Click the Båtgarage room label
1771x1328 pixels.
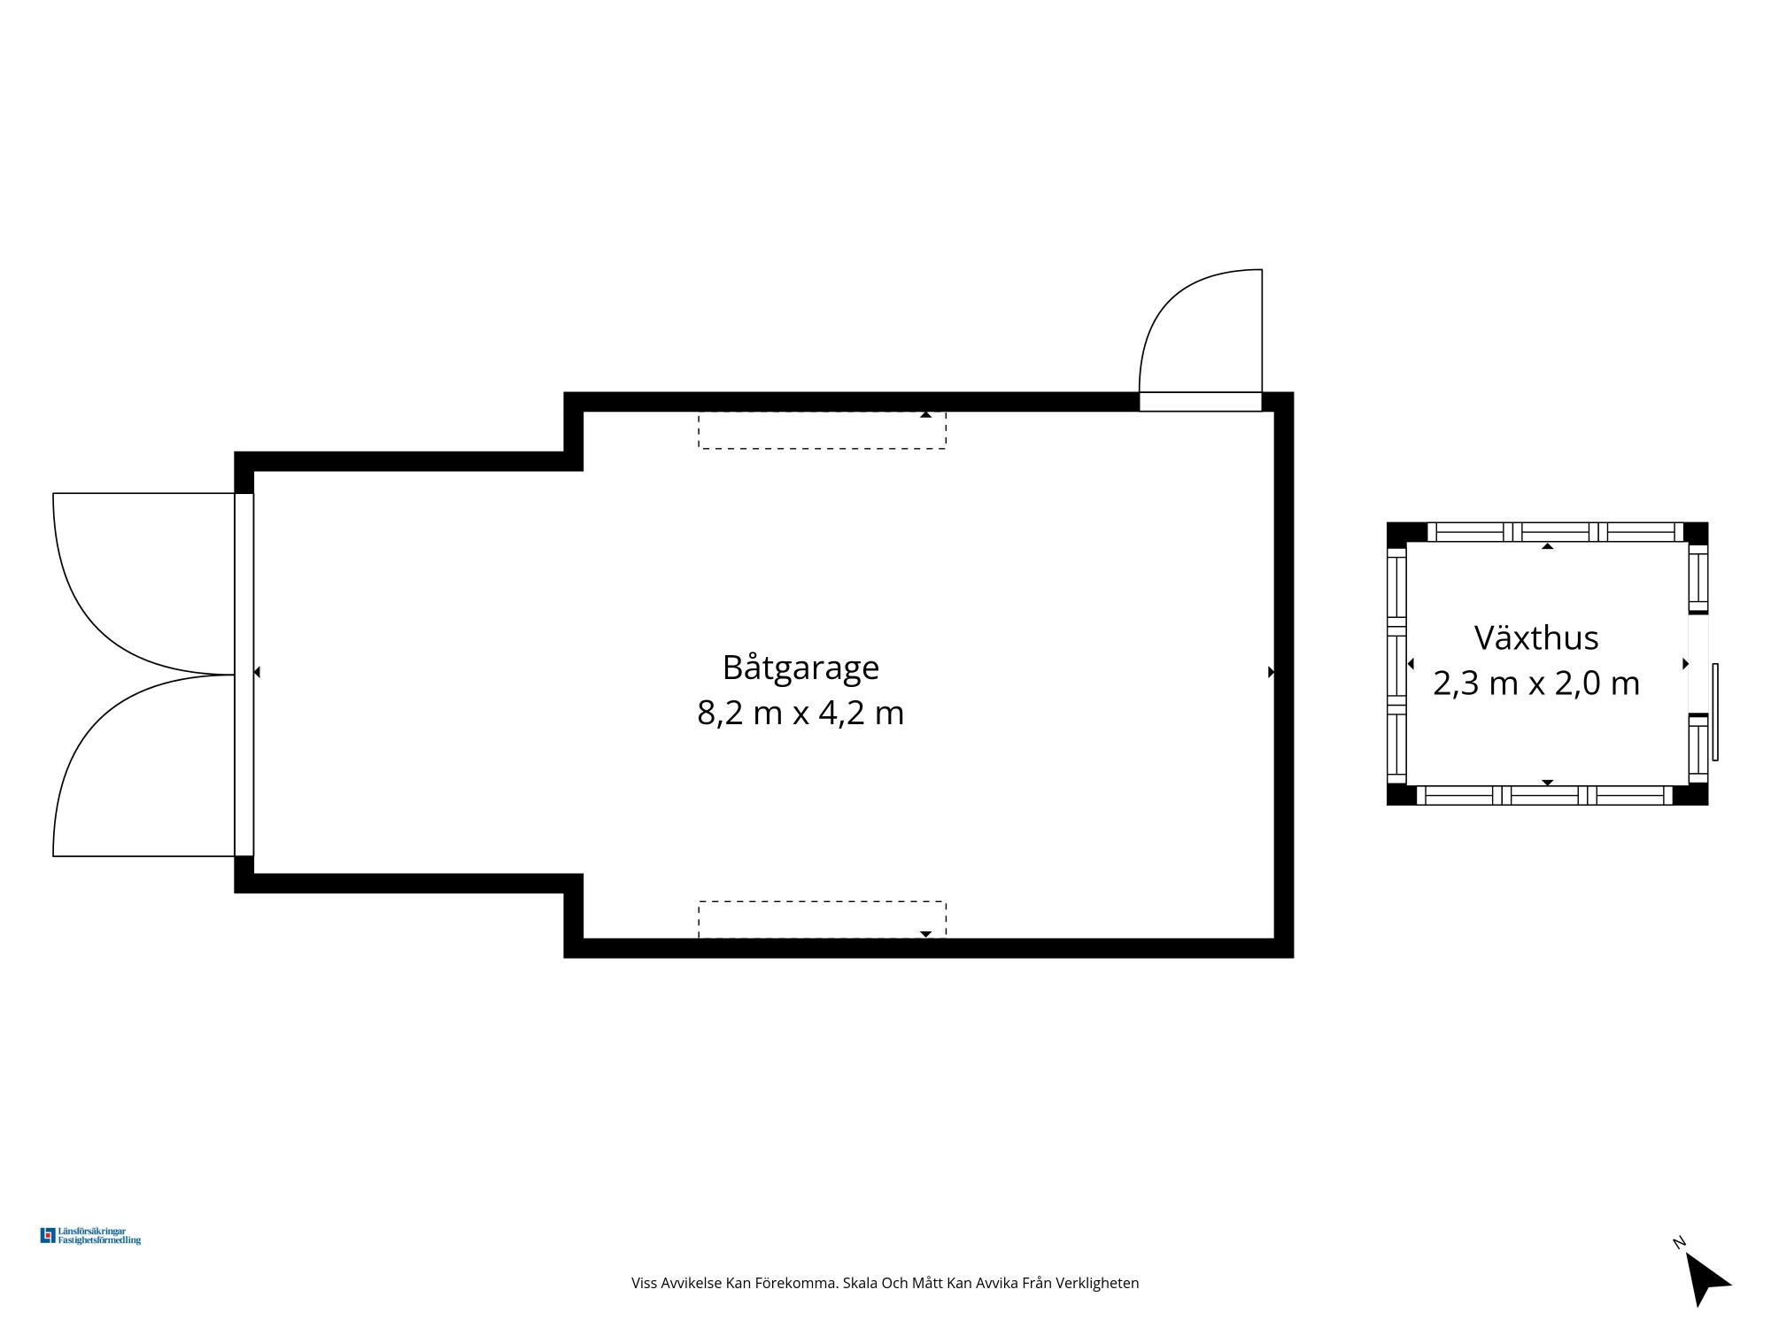pyautogui.click(x=800, y=668)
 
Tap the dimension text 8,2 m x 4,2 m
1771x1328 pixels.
pyautogui.click(x=800, y=713)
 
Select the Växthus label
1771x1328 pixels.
pyautogui.click(x=1536, y=637)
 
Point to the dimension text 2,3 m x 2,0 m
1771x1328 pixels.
pyautogui.click(x=1536, y=683)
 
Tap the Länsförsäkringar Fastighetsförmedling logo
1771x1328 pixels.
pyautogui.click(x=90, y=1236)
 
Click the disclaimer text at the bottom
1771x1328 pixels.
pyautogui.click(x=885, y=1283)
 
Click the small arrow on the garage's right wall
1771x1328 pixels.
pyautogui.click(x=1271, y=672)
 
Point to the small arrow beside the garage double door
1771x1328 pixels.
pyautogui.click(x=257, y=673)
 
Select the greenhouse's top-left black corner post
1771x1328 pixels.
pyautogui.click(x=1406, y=532)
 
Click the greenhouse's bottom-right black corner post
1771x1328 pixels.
pyautogui.click(x=1690, y=795)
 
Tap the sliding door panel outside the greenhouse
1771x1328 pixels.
pyautogui.click(x=1715, y=712)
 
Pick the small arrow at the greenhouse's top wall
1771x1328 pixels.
pyautogui.click(x=1548, y=546)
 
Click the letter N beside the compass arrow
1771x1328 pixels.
pyautogui.click(x=1678, y=1242)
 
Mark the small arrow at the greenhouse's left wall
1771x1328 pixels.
pyautogui.click(x=1411, y=664)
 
